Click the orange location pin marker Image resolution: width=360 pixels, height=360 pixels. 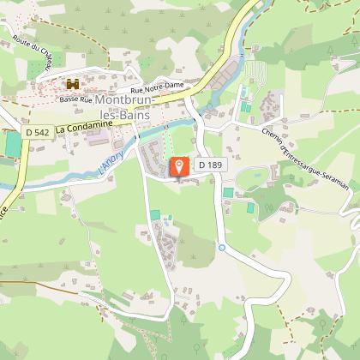point(180,166)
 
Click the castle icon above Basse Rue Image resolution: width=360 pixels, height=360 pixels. point(73,85)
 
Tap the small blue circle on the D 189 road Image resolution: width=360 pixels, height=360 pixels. point(221,248)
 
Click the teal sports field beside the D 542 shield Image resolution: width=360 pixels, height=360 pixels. point(12,143)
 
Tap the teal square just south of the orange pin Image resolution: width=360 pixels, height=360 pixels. point(155,214)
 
